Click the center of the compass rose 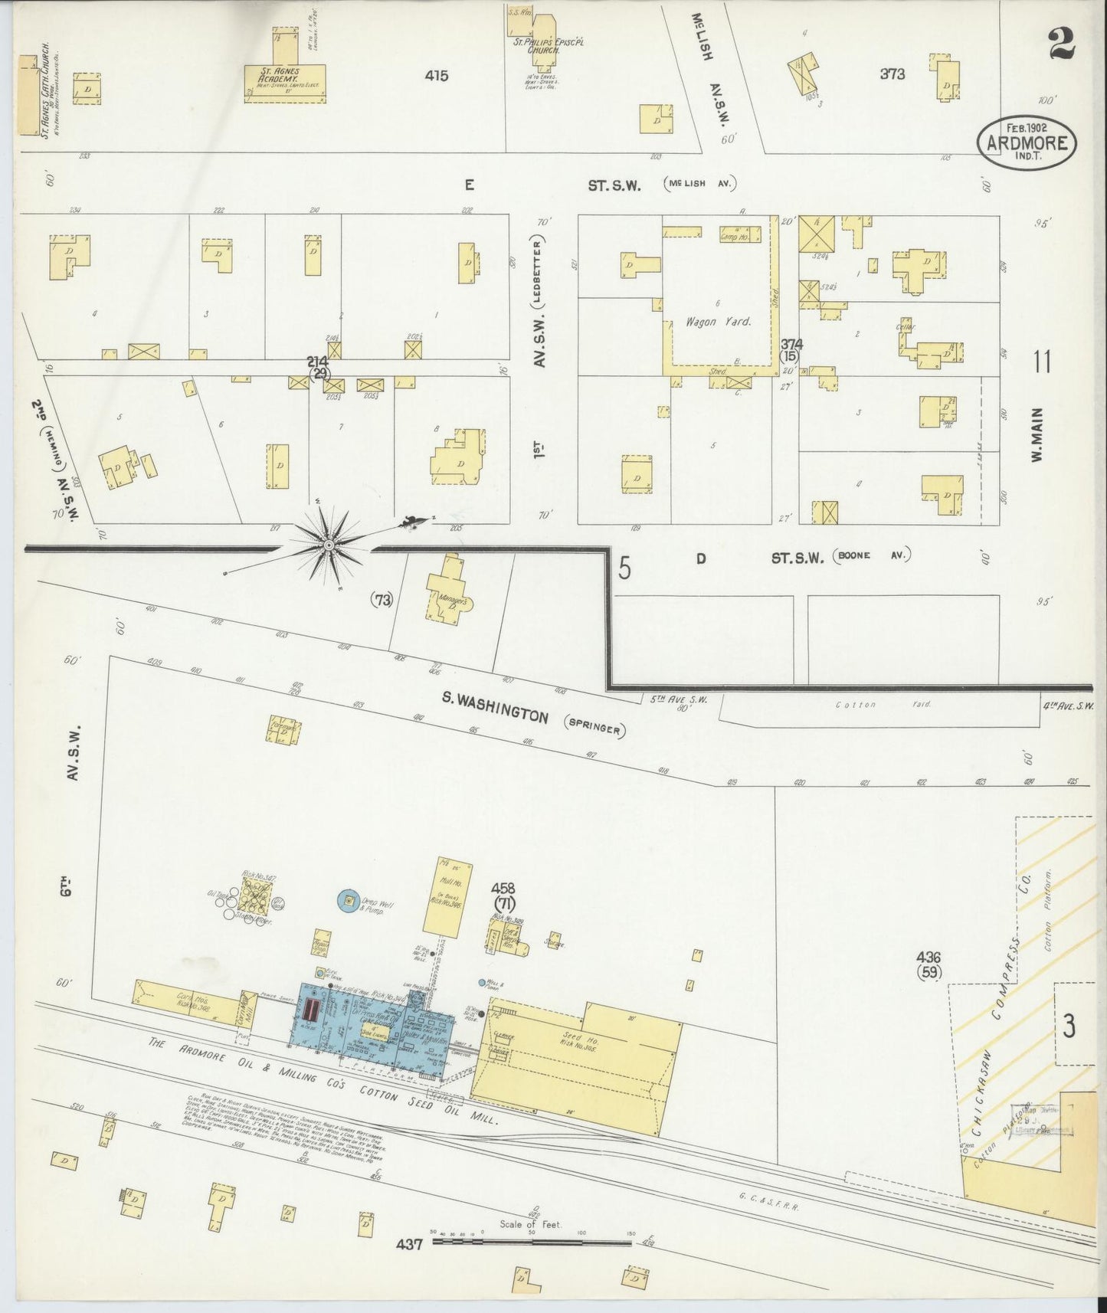pos(329,545)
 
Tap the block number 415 pos(437,75)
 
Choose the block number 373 pos(892,74)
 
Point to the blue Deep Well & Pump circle pos(349,901)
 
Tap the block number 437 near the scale pos(410,1245)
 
